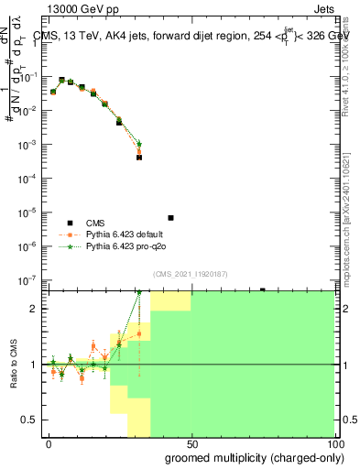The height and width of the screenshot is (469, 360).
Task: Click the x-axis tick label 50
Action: click(x=191, y=442)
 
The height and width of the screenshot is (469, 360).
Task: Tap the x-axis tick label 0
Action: click(x=49, y=442)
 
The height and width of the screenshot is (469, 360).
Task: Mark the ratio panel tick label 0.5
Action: click(x=34, y=420)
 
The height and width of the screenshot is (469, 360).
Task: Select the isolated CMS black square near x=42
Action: click(x=170, y=218)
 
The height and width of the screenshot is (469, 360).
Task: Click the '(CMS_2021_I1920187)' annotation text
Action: click(x=190, y=274)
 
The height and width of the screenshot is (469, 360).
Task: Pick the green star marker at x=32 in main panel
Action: click(x=139, y=144)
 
